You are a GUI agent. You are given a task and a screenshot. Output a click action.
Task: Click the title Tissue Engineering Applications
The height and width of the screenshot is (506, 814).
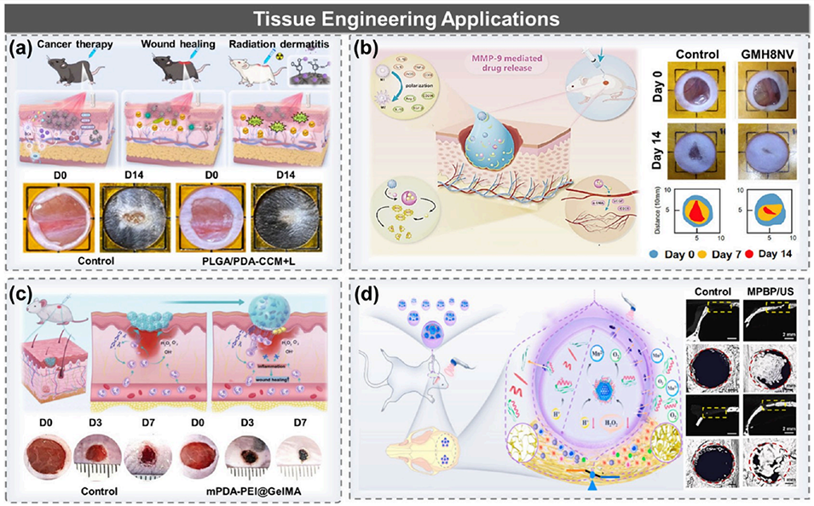tap(407, 16)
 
